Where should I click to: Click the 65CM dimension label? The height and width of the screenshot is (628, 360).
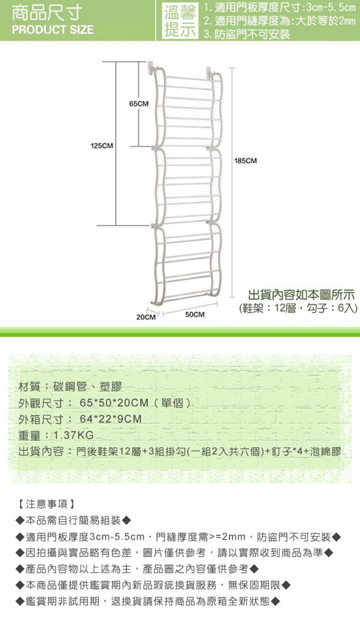pos(139,104)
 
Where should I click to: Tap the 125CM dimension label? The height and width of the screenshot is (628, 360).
pos(101,146)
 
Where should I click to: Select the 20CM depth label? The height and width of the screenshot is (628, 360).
pos(146,317)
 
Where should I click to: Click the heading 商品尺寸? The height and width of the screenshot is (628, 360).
pos(47,13)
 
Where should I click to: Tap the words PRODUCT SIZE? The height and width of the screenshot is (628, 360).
pos(53,30)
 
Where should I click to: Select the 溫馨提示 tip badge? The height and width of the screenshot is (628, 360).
pos(180,21)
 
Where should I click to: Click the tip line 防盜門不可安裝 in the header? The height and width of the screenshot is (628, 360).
pos(247,35)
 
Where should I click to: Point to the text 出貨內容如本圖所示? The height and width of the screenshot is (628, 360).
pos(302,295)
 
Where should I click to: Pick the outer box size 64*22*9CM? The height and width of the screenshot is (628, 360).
pos(111,419)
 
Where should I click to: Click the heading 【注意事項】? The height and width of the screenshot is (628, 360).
pos(46,504)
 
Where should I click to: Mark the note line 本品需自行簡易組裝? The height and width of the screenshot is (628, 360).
pos(74,520)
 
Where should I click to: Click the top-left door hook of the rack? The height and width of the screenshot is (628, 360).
pos(151,67)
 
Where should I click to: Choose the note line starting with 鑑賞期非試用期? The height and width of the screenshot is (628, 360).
pos(148,601)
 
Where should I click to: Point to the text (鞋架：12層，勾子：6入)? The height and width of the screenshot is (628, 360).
pos(298,308)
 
